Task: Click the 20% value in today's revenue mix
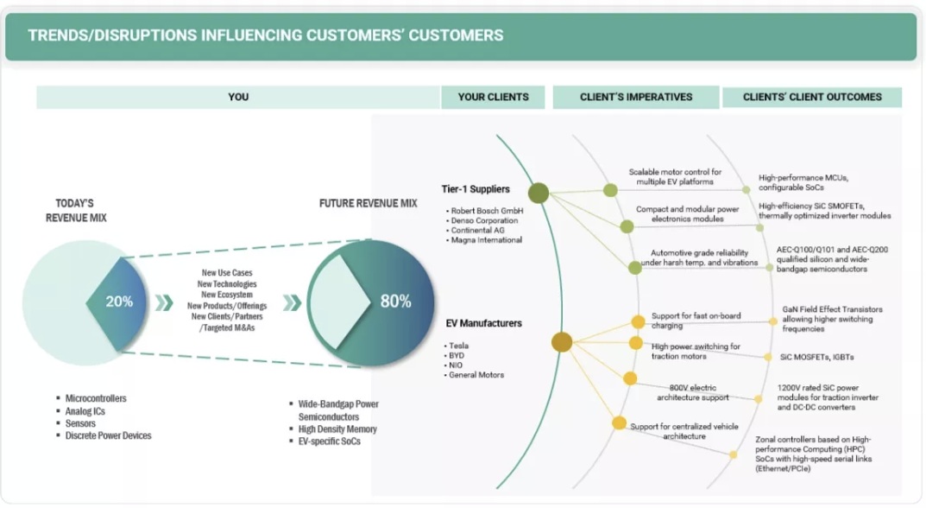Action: (x=119, y=302)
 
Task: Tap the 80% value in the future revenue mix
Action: (x=395, y=302)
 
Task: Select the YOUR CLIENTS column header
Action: (x=493, y=97)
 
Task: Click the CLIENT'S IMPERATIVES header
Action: (x=635, y=97)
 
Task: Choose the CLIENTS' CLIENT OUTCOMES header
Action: (x=812, y=97)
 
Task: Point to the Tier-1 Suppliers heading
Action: (x=476, y=189)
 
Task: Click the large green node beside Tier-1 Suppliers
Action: (x=539, y=193)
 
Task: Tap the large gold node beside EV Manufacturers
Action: (x=562, y=342)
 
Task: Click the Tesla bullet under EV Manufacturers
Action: (x=458, y=346)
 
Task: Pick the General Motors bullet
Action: (x=476, y=375)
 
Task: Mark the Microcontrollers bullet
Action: (x=96, y=398)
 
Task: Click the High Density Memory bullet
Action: (x=337, y=429)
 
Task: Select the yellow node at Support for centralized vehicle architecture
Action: (x=619, y=422)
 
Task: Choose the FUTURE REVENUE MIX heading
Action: (x=368, y=204)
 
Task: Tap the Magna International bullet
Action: (x=487, y=240)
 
